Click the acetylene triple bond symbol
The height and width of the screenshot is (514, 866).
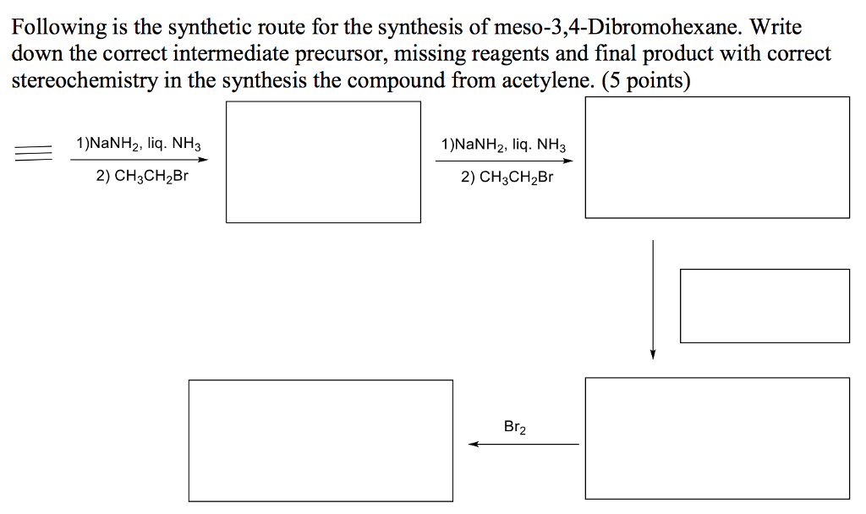[x=32, y=153]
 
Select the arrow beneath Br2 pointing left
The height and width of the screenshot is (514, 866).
[x=524, y=444]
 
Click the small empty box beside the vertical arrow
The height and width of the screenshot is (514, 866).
[x=765, y=305]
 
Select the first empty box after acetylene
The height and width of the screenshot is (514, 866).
[x=323, y=162]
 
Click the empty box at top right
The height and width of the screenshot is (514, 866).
[x=717, y=157]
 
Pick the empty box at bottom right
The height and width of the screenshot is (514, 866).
[x=717, y=438]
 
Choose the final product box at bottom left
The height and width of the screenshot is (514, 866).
[x=321, y=440]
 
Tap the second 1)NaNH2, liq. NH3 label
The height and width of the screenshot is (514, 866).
[x=504, y=145]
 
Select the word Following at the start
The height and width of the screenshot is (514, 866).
[x=59, y=27]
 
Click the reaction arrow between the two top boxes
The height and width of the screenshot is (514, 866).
[x=499, y=160]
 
